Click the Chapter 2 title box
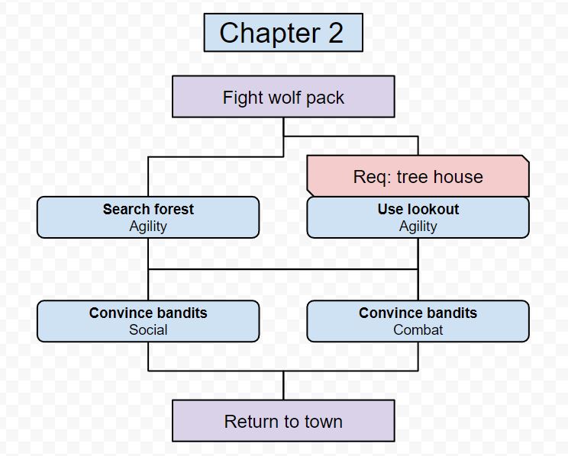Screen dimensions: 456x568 coord(282,33)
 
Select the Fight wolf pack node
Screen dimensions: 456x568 coord(283,97)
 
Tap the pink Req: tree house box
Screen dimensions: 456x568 coord(418,176)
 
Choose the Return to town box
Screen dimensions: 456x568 coord(283,421)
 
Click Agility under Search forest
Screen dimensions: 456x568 coord(148,226)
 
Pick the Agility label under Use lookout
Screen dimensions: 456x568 coord(418,226)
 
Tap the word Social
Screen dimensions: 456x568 coord(148,329)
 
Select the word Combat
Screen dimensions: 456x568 coord(418,329)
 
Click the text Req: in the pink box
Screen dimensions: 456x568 coord(372,177)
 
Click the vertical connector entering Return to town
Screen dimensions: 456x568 coord(283,385)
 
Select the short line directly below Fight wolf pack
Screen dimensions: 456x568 coord(283,127)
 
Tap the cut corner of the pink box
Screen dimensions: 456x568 coord(524,159)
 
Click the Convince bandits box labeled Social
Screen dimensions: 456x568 coord(148,320)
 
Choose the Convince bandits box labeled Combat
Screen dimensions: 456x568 coord(418,320)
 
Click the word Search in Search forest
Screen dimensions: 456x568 coord(126,209)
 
